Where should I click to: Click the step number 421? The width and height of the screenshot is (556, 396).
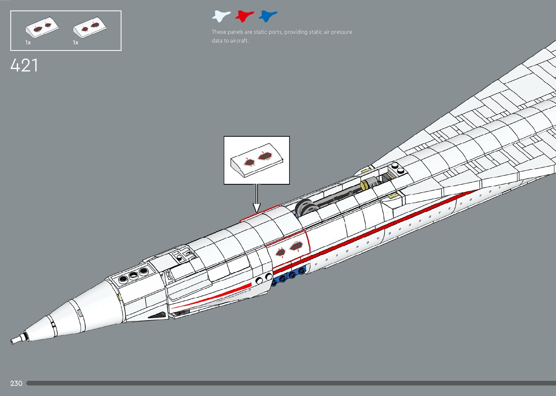coord(24,66)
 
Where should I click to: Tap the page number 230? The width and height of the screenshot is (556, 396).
coord(16,383)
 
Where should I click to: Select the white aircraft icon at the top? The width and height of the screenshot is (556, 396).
coord(221,16)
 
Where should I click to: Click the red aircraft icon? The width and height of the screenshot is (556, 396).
coord(244,16)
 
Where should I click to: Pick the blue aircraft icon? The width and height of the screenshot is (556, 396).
coord(268,16)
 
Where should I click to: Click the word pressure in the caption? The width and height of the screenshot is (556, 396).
coord(341,32)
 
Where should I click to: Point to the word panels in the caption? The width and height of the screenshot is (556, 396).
coord(236,32)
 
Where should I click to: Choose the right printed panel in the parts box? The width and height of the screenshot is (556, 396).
coord(90,28)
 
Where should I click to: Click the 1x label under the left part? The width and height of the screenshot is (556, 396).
coord(28,43)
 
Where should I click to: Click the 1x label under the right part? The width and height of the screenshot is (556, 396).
coord(76,43)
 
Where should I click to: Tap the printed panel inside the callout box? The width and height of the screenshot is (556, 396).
coord(257,161)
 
